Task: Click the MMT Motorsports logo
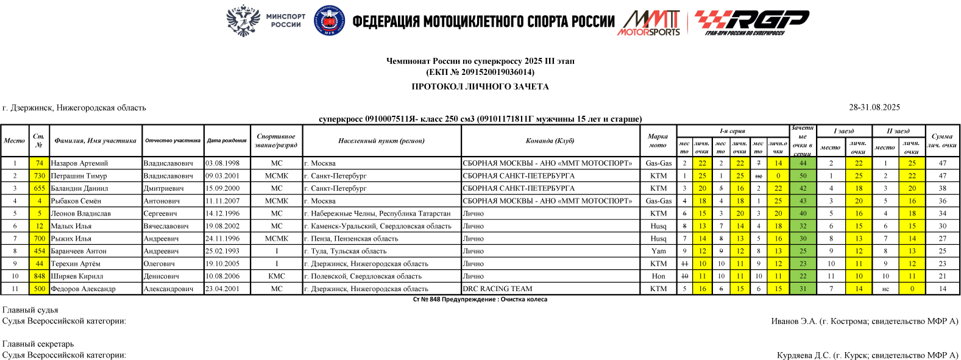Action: tap(650, 23)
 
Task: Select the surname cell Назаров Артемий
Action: tap(79, 163)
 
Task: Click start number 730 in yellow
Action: tap(39, 176)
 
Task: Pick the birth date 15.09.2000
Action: tap(222, 188)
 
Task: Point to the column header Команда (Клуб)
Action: tap(550, 141)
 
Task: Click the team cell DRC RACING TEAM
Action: tap(497, 289)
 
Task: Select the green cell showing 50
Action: tap(803, 176)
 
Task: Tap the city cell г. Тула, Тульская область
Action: tap(345, 251)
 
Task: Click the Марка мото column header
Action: tap(658, 141)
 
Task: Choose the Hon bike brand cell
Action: tap(658, 276)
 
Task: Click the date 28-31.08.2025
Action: tap(874, 107)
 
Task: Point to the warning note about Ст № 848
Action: tap(480, 300)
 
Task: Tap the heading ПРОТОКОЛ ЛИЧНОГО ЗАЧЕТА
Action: tap(480, 86)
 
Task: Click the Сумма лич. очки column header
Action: tap(941, 141)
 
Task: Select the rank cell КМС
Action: tap(276, 276)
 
